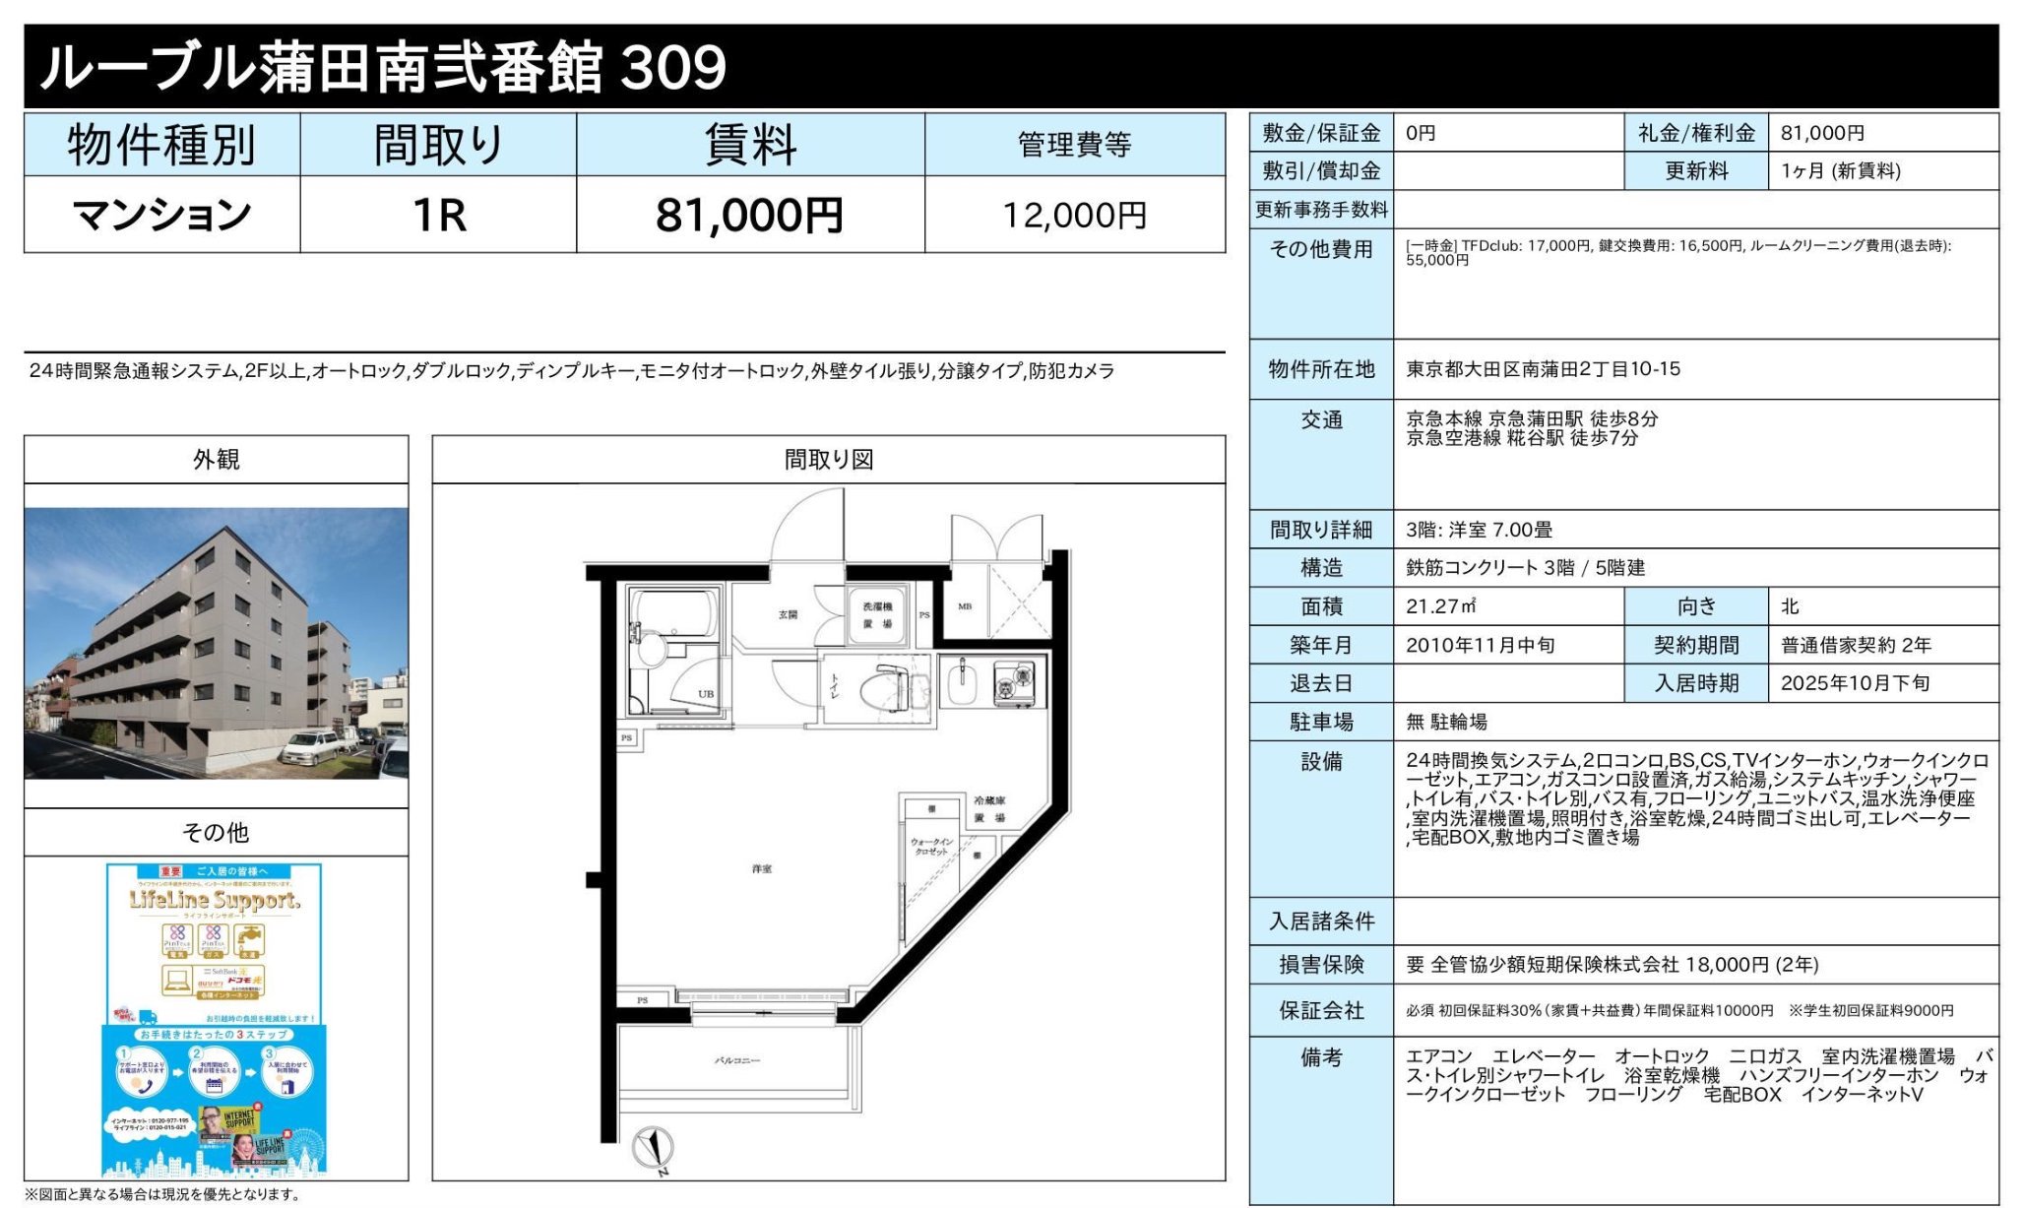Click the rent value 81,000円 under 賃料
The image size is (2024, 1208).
749,216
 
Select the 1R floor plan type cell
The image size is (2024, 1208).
438,216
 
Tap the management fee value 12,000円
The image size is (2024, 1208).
1074,216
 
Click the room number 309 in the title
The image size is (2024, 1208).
674,67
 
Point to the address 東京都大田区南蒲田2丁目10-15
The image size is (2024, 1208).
1543,369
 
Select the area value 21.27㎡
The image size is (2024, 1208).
1440,606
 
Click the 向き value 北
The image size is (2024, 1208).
1790,606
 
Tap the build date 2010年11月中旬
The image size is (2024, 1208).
1480,645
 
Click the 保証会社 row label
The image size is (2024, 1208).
1321,1011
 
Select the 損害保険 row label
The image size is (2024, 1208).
1321,965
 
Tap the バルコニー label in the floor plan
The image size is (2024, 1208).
736,1060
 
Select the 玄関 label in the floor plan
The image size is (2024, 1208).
788,614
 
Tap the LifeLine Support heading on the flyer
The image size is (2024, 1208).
215,900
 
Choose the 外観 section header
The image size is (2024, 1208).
216,460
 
